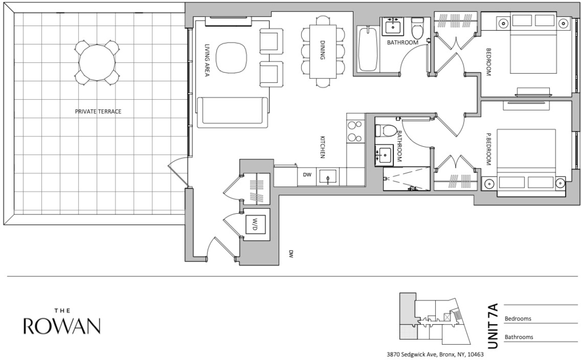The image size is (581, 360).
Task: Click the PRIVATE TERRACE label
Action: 98,111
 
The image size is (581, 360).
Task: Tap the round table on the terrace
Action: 97,62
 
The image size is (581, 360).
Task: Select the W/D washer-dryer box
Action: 255,224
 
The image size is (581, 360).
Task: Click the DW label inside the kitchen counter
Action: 307,175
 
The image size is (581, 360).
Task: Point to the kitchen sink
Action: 328,177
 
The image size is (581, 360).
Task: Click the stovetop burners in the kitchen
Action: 354,132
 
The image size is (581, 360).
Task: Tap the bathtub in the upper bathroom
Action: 368,48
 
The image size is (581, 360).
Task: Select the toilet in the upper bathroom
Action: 417,29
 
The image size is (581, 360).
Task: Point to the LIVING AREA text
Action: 207,60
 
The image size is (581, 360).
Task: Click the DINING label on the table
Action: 322,50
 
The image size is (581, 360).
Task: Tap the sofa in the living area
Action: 232,112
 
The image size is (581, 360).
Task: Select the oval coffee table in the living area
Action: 231,58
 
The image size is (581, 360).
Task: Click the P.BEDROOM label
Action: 489,149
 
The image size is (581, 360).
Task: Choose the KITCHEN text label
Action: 322,147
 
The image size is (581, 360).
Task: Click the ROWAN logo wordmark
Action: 62,326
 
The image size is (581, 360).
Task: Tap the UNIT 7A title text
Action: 493,326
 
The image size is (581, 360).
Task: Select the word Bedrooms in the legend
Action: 518,319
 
